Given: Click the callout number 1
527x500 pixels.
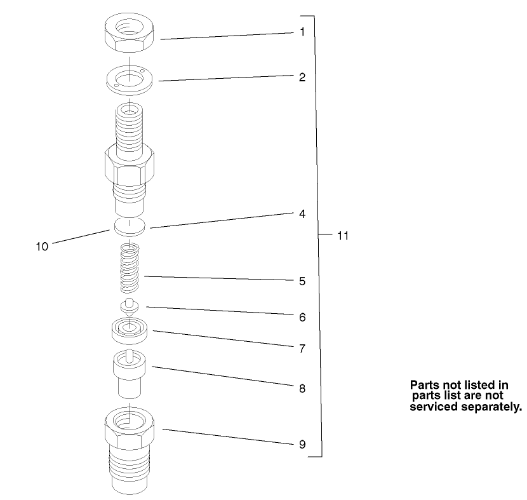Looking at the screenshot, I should pyautogui.click(x=302, y=30).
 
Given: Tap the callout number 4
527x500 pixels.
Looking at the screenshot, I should pyautogui.click(x=302, y=214).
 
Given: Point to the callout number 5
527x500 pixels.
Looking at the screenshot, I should pyautogui.click(x=302, y=280).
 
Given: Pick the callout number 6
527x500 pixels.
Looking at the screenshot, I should pyautogui.click(x=302, y=316).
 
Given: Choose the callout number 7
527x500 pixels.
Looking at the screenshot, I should pyautogui.click(x=302, y=348).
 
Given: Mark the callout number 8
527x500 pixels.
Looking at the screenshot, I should pyautogui.click(x=302, y=388).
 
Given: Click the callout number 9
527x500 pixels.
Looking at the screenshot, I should pyautogui.click(x=302, y=444).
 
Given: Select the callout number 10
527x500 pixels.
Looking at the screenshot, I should pyautogui.click(x=42, y=247).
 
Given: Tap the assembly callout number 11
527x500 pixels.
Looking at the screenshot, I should pyautogui.click(x=343, y=236).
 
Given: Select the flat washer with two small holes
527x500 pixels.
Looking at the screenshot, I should pyautogui.click(x=130, y=79).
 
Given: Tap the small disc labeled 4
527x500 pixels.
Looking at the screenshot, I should pyautogui.click(x=129, y=226).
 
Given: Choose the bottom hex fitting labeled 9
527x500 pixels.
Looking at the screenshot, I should pyautogui.click(x=129, y=448).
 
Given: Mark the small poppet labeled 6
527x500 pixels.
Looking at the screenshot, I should pyautogui.click(x=130, y=306).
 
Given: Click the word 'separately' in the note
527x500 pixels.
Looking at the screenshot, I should pyautogui.click(x=493, y=406).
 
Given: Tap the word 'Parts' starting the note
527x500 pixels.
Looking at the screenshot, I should pyautogui.click(x=424, y=385).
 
